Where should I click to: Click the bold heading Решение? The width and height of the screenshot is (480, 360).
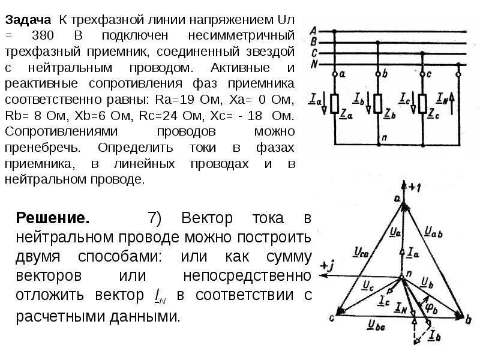53,217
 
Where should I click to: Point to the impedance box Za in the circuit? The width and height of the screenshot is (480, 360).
334,104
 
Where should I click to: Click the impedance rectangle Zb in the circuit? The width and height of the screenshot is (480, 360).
378,104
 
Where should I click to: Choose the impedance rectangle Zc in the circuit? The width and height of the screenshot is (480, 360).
422,104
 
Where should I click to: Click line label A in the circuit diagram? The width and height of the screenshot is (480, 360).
313,31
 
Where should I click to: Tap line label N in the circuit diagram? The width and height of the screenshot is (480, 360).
313,64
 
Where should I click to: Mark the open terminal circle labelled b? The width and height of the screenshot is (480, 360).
378,75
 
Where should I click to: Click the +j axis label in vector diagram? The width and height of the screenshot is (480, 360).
328,265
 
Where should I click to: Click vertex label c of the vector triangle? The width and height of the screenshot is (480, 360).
331,317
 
